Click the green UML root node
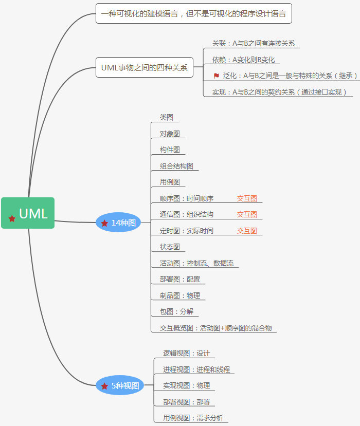28,213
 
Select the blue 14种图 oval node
118,223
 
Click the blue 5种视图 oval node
119,385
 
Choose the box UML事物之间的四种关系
145,67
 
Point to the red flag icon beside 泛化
217,76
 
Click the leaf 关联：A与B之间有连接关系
253,44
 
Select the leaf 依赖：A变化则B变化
243,60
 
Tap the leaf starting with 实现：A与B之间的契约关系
280,92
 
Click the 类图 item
166,117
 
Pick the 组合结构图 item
176,166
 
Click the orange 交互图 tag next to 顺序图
247,198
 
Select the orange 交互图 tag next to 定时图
247,231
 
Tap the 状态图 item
170,247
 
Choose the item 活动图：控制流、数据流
196,263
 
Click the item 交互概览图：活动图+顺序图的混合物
215,328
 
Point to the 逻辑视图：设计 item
186,353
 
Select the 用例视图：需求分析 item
193,418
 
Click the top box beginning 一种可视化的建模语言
193,13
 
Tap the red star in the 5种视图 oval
105,386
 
